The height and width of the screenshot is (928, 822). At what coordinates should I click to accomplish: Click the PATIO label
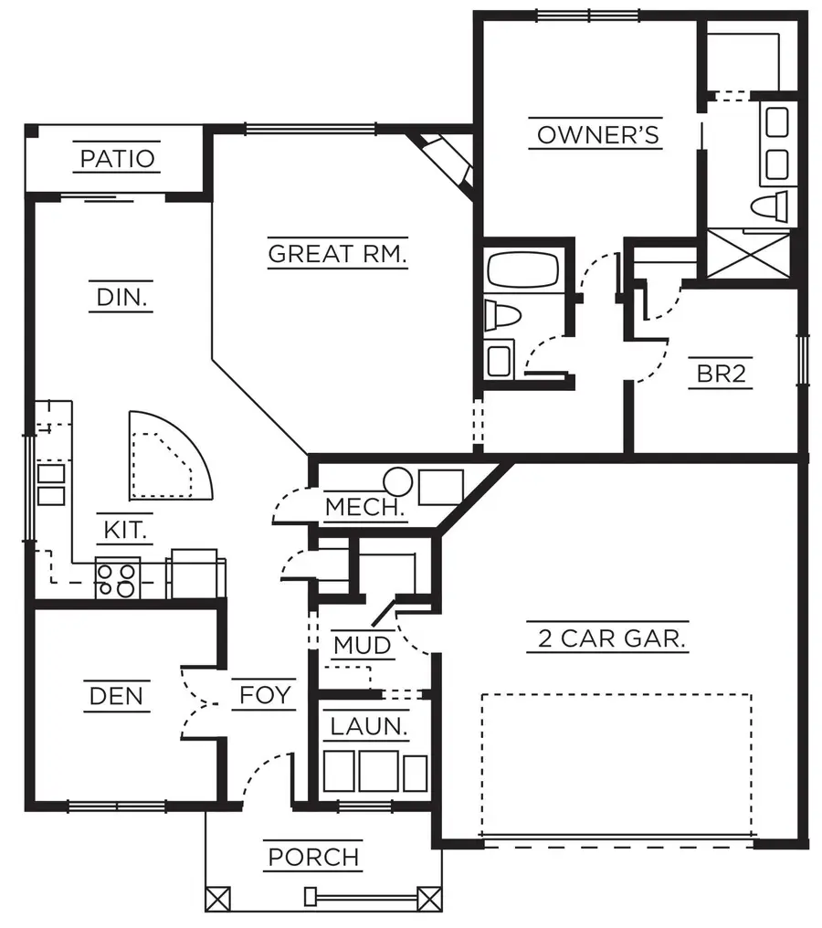tap(118, 158)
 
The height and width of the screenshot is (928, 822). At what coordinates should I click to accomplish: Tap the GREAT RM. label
tap(337, 253)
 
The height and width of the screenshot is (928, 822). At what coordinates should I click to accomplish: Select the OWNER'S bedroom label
tap(597, 135)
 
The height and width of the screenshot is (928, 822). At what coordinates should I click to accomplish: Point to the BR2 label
tap(722, 374)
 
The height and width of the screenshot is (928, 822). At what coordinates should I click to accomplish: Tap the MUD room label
tap(362, 646)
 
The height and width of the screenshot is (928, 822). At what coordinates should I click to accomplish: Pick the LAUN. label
tap(368, 727)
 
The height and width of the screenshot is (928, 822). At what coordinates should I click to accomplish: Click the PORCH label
tap(313, 858)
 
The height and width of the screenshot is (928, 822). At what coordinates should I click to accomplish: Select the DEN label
tap(117, 696)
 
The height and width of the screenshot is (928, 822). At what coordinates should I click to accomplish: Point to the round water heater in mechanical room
tap(397, 480)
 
